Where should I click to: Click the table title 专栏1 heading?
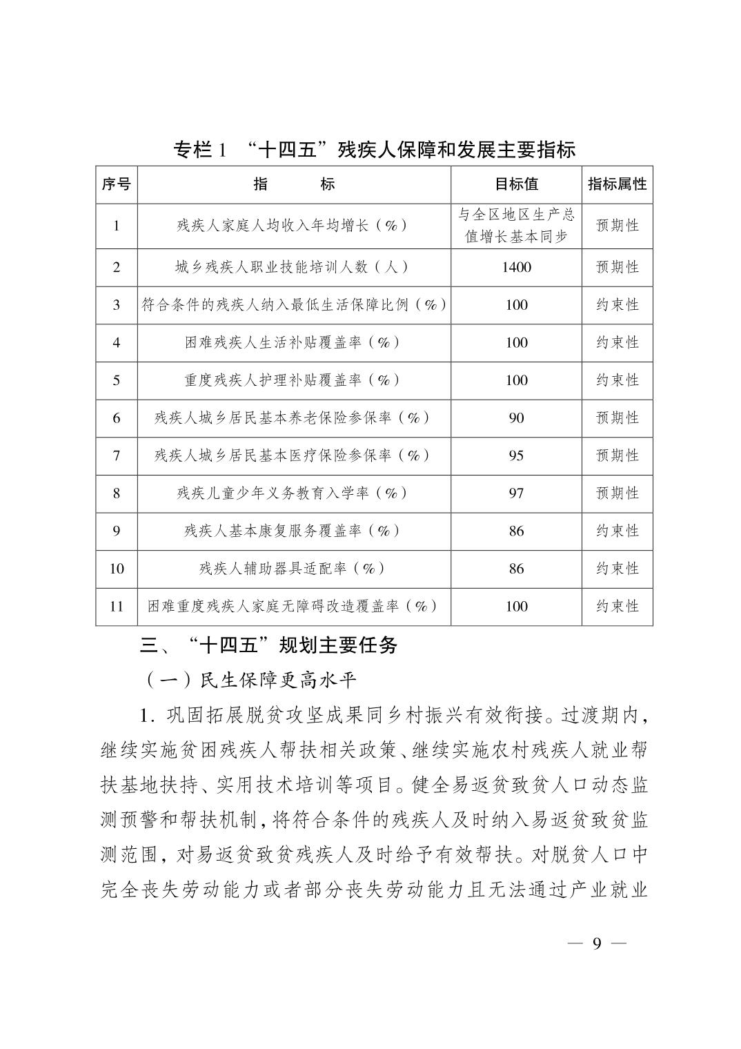pyautogui.click(x=374, y=149)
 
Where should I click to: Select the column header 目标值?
pyautogui.click(x=516, y=184)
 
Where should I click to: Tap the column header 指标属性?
pyautogui.click(x=617, y=184)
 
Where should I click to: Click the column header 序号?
pyautogui.click(x=116, y=184)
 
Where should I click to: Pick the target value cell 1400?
pyautogui.click(x=516, y=267)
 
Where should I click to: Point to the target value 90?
pyautogui.click(x=516, y=418)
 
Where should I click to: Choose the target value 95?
pyautogui.click(x=516, y=455)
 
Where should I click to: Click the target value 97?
pyautogui.click(x=516, y=493)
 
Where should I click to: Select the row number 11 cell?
pyautogui.click(x=116, y=606)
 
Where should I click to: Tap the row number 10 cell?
pyautogui.click(x=116, y=569)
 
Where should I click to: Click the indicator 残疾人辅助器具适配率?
pyautogui.click(x=293, y=569)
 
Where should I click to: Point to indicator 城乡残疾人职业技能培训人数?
pyautogui.click(x=293, y=267)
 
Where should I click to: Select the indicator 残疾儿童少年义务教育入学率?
pyautogui.click(x=293, y=493)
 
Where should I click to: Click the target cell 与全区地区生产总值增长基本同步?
pyautogui.click(x=516, y=226)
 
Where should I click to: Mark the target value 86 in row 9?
pyautogui.click(x=516, y=531)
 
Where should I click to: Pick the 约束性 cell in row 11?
pyautogui.click(x=617, y=606)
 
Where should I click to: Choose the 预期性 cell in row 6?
pyautogui.click(x=617, y=418)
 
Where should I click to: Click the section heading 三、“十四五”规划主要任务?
pyautogui.click(x=269, y=646)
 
